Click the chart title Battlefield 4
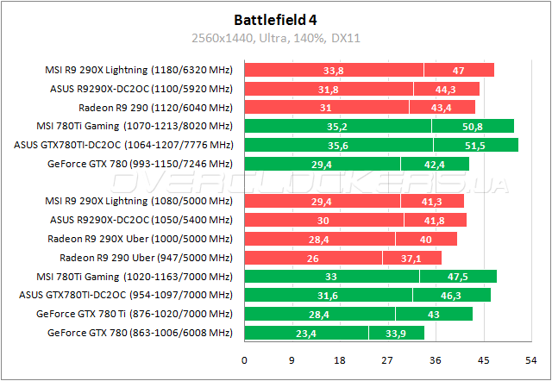point(276,18)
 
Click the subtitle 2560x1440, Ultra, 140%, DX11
point(276,37)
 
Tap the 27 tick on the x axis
point(387,360)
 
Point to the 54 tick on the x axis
point(529,360)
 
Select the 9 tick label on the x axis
point(292,360)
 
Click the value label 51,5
point(475,145)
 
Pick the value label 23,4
point(307,333)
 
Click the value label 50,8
point(473,126)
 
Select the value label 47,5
point(458,277)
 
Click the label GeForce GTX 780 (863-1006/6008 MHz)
point(141,333)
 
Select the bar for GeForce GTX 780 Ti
point(358,314)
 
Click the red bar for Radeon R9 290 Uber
point(343,258)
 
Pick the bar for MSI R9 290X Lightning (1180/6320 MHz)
point(369,70)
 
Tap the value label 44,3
point(446,89)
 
